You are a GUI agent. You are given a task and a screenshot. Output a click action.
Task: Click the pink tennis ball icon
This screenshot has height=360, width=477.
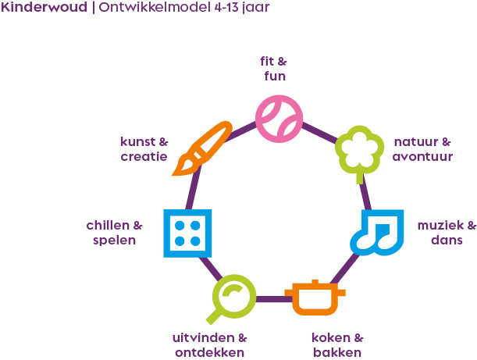[x=279, y=119]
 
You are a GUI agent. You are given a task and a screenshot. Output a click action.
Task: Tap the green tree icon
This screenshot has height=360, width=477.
[x=360, y=148]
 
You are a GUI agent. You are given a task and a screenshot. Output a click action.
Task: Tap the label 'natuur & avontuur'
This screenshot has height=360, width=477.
[x=422, y=149]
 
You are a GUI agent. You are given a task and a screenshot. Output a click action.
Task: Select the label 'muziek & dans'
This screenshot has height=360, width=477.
[x=447, y=233]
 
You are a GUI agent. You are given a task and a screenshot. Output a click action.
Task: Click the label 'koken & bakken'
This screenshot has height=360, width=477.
[x=337, y=345]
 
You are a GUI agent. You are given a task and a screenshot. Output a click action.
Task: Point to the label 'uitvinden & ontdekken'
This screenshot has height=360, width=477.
[x=208, y=345]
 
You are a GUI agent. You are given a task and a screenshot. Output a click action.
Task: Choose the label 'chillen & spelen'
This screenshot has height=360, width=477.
[x=114, y=233]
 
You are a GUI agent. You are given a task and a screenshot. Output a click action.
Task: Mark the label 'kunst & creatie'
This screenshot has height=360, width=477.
[x=144, y=149]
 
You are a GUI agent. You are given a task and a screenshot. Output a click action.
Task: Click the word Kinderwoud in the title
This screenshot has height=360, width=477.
[x=43, y=10]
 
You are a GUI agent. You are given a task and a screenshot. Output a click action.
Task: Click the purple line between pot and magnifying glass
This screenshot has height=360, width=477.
[x=271, y=299]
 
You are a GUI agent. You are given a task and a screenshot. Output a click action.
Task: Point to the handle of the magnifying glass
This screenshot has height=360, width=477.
[x=213, y=316]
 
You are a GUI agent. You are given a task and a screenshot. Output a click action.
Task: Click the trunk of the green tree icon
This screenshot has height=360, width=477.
[x=360, y=176]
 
